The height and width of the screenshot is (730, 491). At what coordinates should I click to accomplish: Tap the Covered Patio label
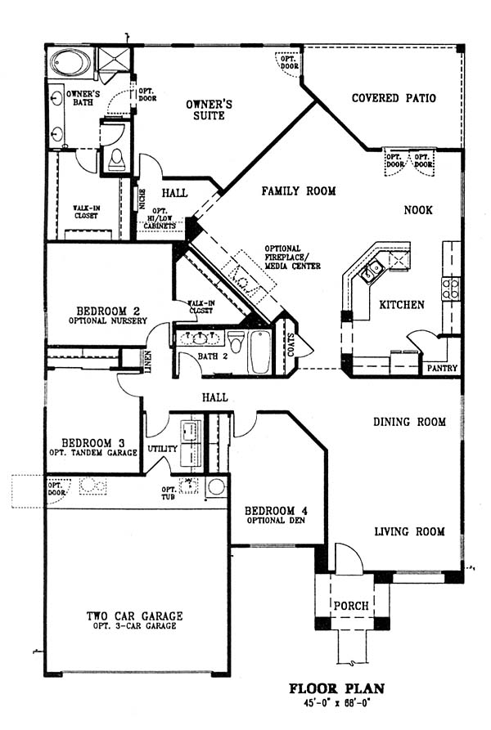coord(394,98)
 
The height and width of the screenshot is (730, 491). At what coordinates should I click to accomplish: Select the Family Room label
coord(298,190)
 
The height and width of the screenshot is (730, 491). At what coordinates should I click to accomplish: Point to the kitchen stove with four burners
coord(450,289)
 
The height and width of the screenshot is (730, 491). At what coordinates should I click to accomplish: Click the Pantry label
coord(442,368)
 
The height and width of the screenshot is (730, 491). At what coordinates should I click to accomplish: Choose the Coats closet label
coord(291,345)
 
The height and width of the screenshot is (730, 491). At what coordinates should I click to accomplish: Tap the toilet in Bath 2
coord(236,342)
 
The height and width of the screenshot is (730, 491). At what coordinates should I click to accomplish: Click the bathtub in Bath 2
coord(260,352)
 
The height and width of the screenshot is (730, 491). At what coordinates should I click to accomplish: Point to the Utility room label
coord(163,448)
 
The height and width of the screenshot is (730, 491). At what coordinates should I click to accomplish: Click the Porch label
coord(351,606)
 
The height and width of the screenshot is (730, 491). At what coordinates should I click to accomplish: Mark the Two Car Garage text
coord(135,616)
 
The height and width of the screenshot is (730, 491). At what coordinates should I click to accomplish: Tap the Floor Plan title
coord(337,688)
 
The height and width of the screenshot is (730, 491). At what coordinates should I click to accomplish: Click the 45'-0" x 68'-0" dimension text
coord(337,702)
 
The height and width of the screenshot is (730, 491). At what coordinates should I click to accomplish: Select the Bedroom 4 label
coord(276,511)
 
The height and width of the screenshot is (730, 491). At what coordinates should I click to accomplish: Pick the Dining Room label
coord(409,422)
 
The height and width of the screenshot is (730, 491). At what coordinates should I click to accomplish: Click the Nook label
coord(418,210)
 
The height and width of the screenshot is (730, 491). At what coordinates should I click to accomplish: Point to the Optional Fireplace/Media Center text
coord(292,258)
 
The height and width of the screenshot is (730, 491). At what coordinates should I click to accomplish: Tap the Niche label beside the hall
coord(142,199)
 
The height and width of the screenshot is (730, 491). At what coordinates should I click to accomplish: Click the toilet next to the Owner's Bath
coord(116,159)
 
